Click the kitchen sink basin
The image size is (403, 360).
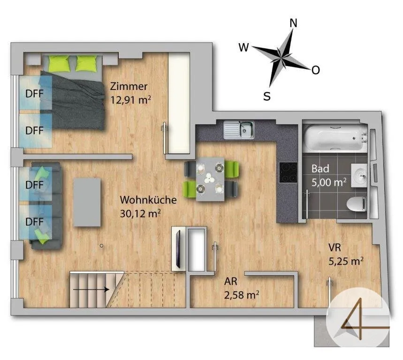tap(246, 129)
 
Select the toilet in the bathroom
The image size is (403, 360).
tap(357, 204)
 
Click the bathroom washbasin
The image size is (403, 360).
tap(359, 176)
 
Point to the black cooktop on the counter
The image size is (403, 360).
tap(288, 172)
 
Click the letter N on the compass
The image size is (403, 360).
tap(293, 23)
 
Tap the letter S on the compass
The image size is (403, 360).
tap(267, 96)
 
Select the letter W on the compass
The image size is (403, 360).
tap(243, 47)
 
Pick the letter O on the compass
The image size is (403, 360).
tap(316, 70)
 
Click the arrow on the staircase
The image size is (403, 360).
tap(91, 290)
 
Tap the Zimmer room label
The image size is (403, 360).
tap(129, 86)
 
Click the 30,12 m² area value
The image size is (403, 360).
tap(140, 213)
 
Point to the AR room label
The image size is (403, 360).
tap(230, 281)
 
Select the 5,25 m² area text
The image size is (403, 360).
tap(346, 261)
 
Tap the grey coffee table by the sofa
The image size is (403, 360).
tap(87, 202)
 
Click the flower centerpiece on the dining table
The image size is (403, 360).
tap(209, 178)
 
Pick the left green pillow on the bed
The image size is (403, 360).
tap(59, 63)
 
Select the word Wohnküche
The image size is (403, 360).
tap(148, 200)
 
